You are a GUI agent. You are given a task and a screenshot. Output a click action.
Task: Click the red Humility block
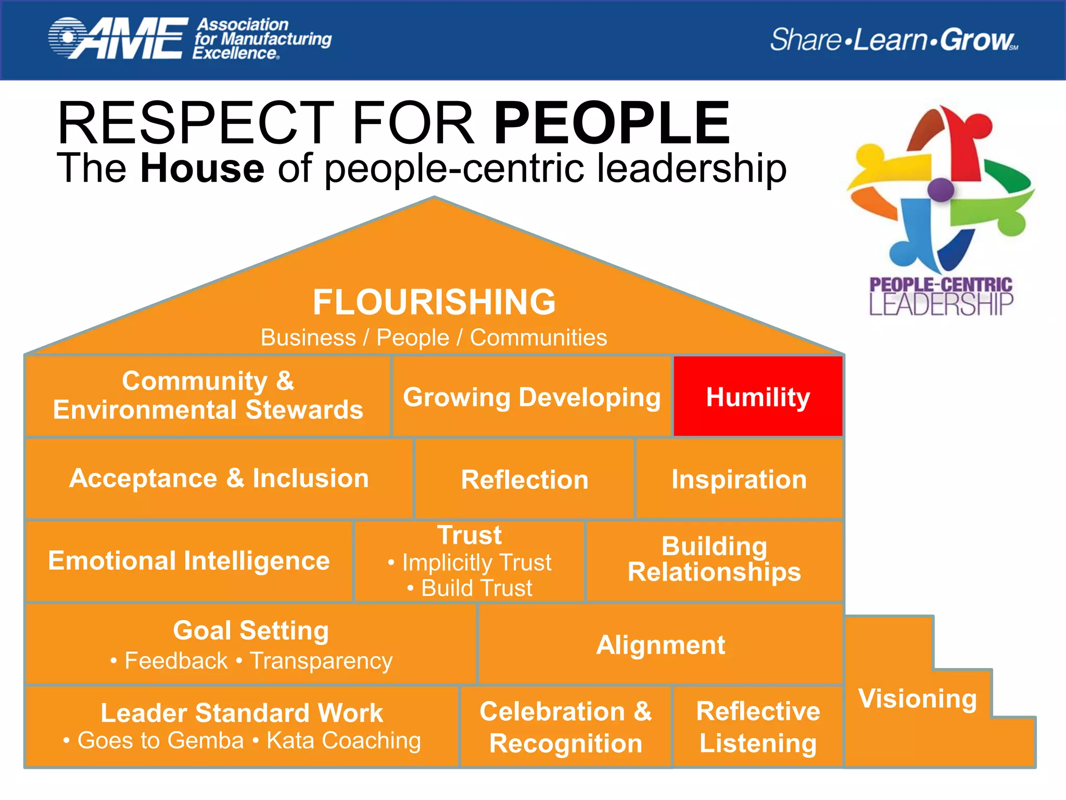point(758,397)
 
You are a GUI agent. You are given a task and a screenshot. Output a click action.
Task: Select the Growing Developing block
point(531,397)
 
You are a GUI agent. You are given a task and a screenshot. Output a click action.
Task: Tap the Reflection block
point(524,479)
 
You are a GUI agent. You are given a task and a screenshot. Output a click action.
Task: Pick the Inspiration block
point(739,479)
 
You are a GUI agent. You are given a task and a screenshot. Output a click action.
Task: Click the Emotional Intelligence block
point(189,561)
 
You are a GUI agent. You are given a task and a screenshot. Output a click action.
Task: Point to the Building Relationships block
point(714,559)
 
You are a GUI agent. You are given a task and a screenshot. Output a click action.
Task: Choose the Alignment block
point(660,645)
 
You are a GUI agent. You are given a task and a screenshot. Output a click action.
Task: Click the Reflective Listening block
point(758,727)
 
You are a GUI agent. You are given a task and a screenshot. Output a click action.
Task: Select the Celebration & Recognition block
point(566,727)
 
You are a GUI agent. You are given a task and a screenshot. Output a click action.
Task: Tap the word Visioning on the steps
point(918,698)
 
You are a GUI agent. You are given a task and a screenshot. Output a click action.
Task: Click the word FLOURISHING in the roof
point(434,302)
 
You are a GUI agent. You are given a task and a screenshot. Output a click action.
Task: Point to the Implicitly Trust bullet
point(476,562)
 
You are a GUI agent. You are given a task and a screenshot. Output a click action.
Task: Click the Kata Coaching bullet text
point(344,740)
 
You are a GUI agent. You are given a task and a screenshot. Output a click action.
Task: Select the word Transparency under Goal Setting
point(321,661)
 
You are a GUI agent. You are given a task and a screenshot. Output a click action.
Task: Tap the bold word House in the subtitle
point(202,168)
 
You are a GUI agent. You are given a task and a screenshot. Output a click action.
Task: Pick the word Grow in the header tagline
point(976,40)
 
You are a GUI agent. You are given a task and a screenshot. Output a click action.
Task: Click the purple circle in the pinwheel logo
point(941,190)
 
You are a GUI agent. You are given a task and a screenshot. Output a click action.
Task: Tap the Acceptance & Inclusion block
point(219,478)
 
